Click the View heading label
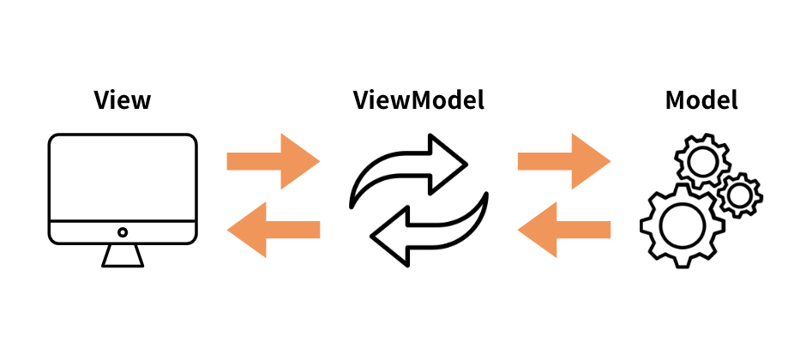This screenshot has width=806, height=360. click(x=123, y=100)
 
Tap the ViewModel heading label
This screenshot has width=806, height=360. click(x=418, y=100)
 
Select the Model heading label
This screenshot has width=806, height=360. click(x=701, y=100)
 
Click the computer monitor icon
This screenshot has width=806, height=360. click(x=123, y=197)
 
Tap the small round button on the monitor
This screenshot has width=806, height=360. click(x=123, y=232)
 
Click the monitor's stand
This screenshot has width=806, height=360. click(x=123, y=255)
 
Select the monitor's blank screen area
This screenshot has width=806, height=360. click(x=123, y=178)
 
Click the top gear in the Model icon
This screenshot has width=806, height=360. click(x=701, y=161)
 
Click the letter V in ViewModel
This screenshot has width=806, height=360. click(x=363, y=100)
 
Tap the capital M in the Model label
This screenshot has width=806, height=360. click(x=676, y=100)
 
